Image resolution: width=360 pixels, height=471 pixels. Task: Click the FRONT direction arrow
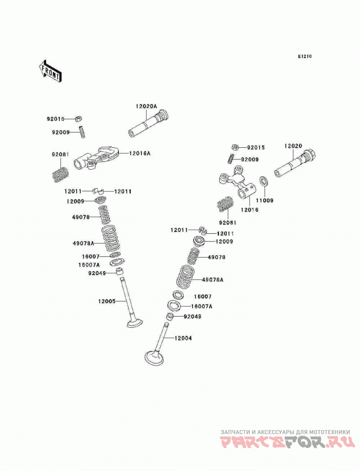click(50, 71)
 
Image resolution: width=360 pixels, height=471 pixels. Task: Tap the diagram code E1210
click(305, 56)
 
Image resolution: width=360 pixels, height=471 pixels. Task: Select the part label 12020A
click(146, 106)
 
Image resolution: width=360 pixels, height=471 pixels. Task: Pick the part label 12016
click(249, 209)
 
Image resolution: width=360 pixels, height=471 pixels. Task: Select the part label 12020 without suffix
click(293, 146)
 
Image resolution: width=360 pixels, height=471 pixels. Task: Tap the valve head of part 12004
click(154, 358)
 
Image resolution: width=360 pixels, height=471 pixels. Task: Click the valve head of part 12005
click(135, 323)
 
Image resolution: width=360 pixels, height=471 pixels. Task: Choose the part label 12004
click(183, 338)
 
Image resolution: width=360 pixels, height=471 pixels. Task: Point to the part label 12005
click(107, 301)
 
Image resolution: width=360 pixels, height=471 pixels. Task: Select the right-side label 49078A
click(212, 280)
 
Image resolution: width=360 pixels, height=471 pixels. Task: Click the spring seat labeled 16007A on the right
click(174, 306)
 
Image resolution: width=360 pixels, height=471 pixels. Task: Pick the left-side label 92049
click(97, 273)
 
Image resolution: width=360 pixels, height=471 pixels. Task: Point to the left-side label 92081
click(60, 154)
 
